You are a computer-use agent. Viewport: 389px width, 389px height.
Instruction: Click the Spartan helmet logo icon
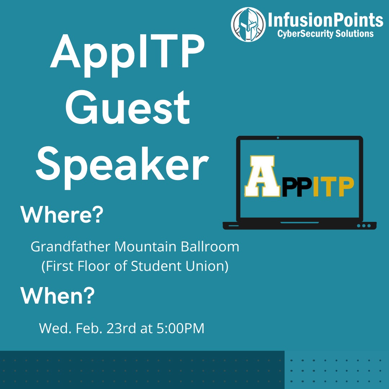coord(248,24)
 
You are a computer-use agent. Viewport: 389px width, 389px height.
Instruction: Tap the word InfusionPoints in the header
coord(325,20)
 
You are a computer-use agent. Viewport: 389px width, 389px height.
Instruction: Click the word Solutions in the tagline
coord(354,33)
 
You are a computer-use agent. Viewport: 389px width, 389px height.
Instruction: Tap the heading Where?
coord(62,215)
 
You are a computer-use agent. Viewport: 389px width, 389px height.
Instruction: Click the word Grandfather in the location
coord(71,247)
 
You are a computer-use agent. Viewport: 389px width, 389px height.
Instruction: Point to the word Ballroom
coord(210,247)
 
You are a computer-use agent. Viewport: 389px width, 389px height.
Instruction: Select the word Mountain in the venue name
coord(146,247)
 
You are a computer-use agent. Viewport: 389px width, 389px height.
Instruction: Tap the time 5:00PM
coord(180,328)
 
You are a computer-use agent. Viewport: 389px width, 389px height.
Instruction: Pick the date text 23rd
coord(121,328)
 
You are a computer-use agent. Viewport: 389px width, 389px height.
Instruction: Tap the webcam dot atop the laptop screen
coord(278,138)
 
